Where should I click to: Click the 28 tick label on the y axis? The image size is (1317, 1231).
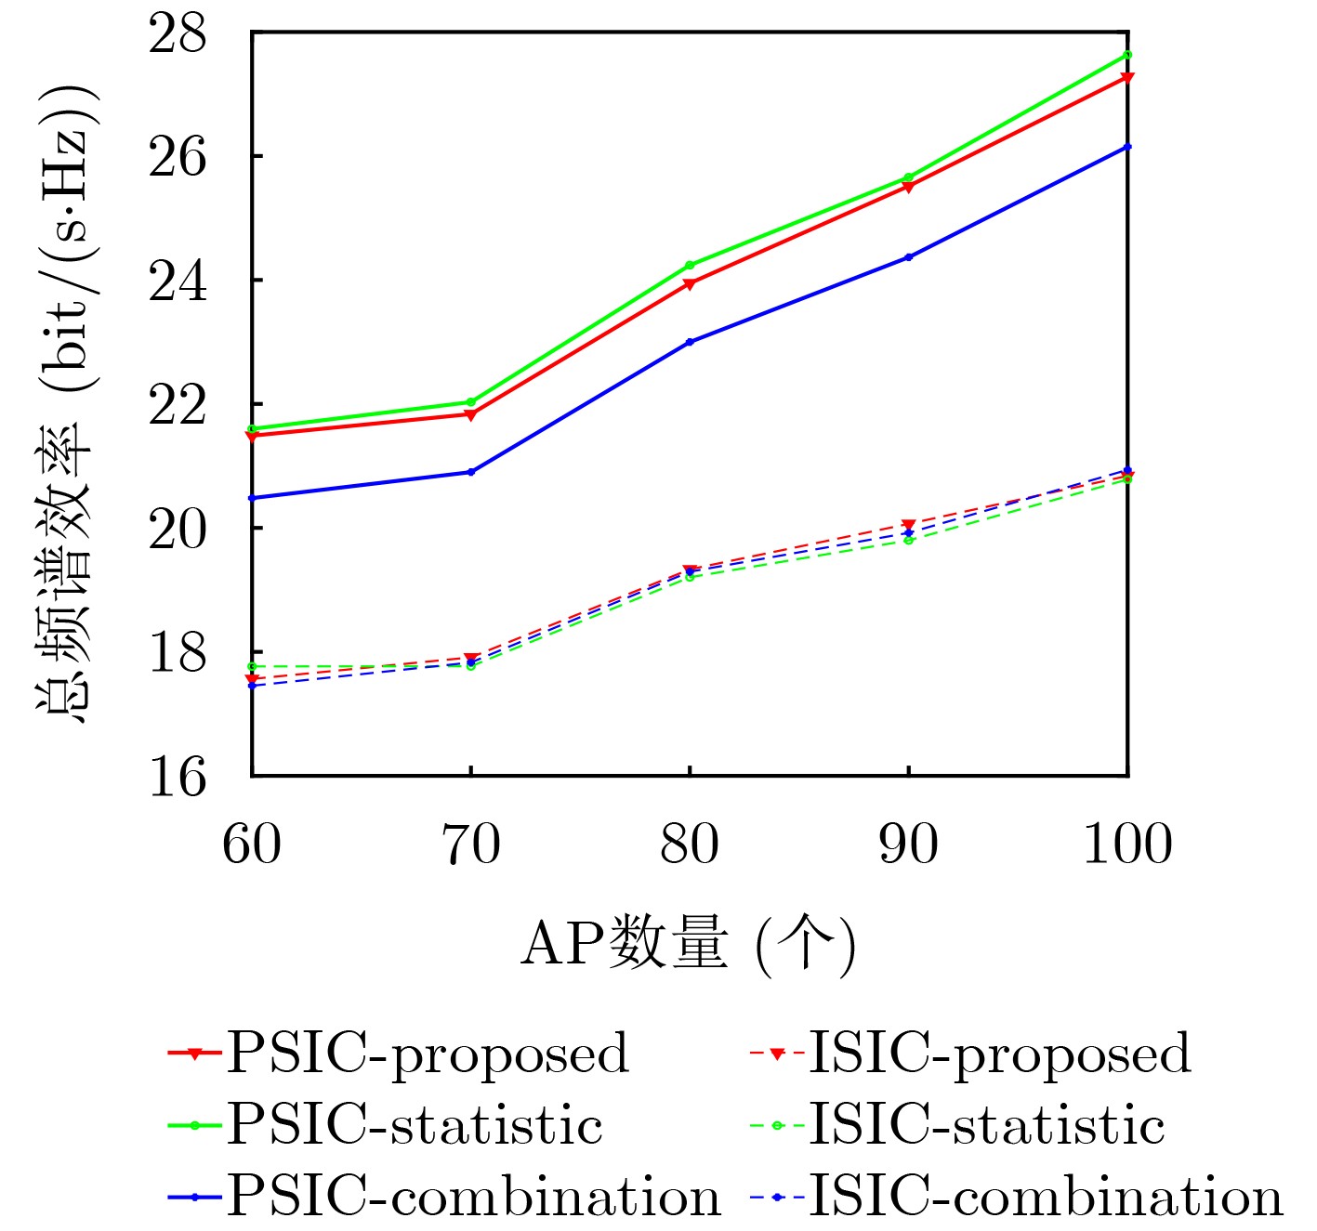[x=178, y=34]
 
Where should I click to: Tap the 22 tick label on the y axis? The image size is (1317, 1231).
[x=178, y=405]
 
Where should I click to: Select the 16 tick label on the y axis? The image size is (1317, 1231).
[x=178, y=776]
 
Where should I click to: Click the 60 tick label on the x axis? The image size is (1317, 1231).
[x=252, y=845]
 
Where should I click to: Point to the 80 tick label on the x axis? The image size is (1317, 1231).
[x=690, y=845]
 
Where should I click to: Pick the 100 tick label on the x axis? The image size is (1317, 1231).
[x=1127, y=845]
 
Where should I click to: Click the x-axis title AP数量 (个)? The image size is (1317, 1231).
[x=688, y=945]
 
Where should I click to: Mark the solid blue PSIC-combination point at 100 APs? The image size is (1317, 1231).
[x=1127, y=147]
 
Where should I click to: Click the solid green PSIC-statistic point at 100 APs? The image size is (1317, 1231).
[x=1127, y=55]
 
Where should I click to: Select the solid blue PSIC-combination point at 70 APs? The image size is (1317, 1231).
[x=471, y=472]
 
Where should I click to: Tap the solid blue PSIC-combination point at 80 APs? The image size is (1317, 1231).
[x=690, y=342]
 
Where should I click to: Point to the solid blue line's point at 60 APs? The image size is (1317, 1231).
[x=253, y=498]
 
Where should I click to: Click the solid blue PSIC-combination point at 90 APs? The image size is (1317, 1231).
[x=909, y=256]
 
